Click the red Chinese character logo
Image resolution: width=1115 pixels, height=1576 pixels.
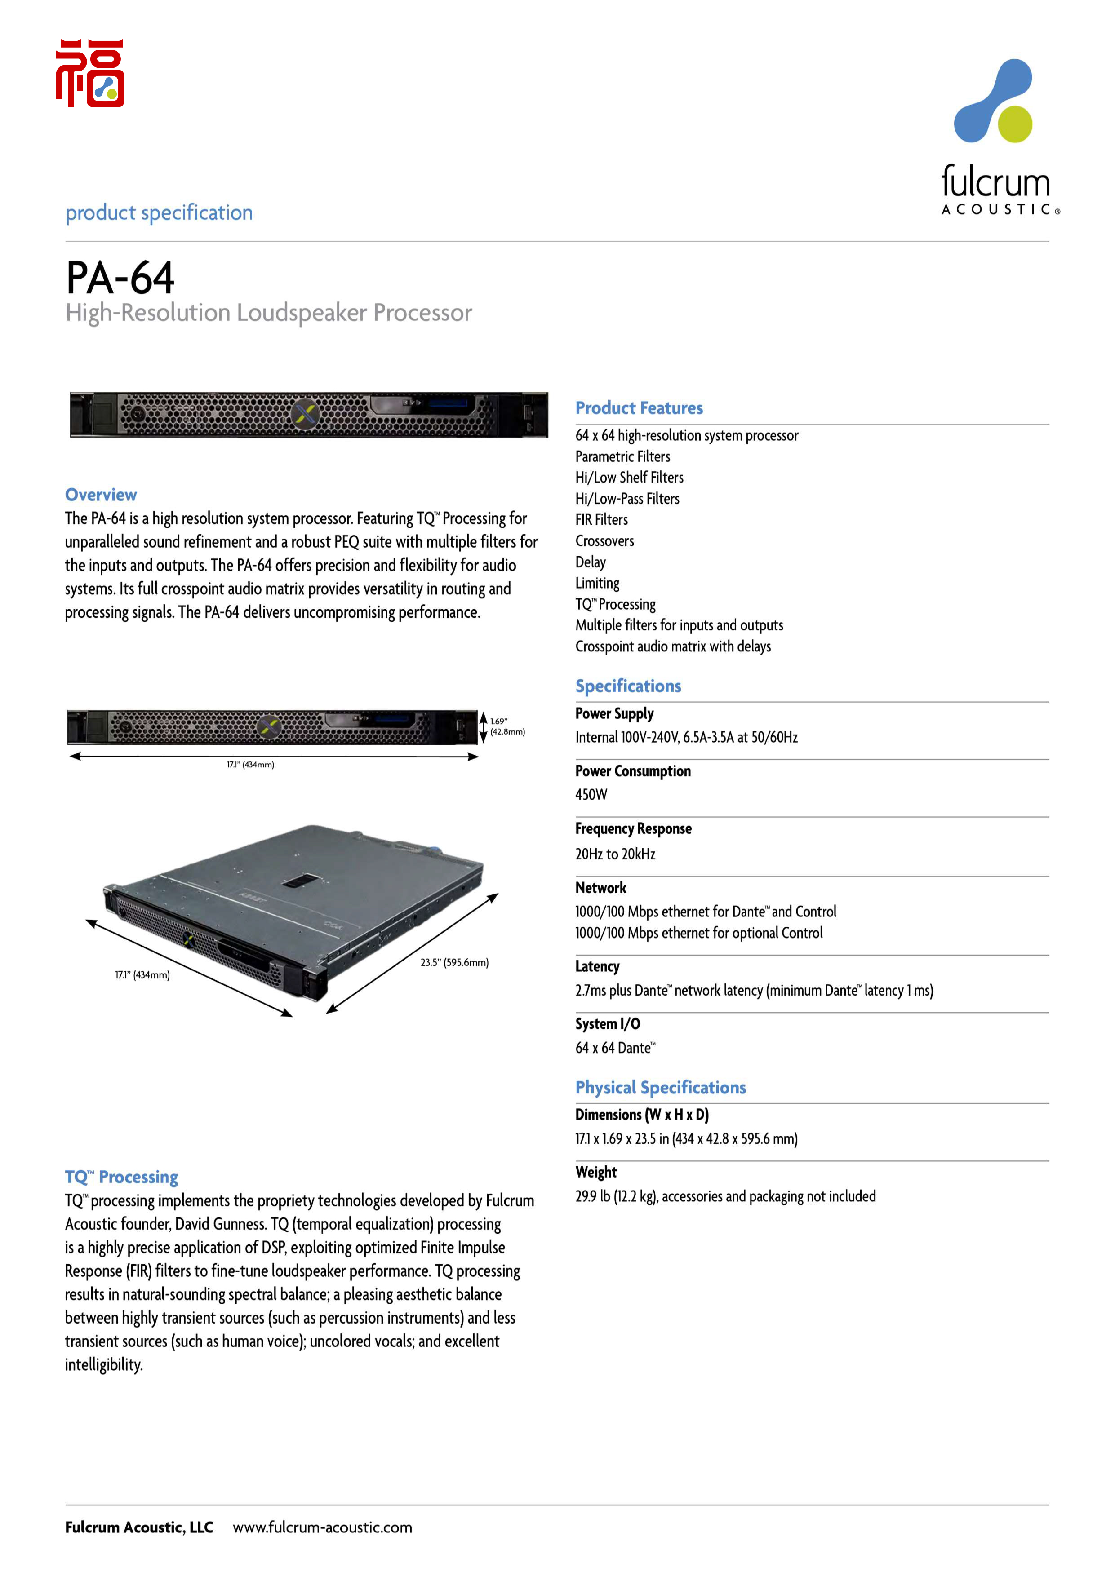(90, 73)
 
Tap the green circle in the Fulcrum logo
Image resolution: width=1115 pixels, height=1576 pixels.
(1015, 124)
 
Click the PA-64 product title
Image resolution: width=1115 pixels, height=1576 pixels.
(120, 278)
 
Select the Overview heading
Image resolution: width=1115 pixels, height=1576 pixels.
(101, 495)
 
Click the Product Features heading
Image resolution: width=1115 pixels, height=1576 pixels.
(639, 408)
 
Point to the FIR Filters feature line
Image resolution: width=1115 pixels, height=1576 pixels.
(601, 520)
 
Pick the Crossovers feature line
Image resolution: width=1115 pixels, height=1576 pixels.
(604, 541)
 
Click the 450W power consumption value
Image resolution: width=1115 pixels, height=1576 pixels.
(591, 795)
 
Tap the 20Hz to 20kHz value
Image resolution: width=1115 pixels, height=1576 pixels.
(615, 854)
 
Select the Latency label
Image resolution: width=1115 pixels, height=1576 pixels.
(597, 966)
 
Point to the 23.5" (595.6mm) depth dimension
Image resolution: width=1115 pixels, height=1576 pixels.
(454, 962)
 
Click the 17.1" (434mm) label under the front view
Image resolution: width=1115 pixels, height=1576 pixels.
(251, 765)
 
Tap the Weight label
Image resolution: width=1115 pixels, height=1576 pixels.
(596, 1173)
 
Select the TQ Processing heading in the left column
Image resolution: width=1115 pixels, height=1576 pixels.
(121, 1177)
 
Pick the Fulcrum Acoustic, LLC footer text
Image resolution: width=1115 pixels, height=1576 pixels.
(139, 1527)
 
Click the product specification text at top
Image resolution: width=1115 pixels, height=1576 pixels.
(159, 213)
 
